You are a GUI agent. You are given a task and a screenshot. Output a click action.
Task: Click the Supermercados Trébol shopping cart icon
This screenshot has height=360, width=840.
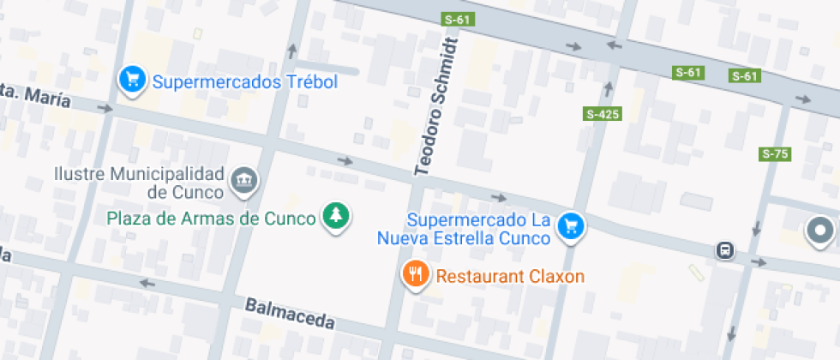(x=131, y=81)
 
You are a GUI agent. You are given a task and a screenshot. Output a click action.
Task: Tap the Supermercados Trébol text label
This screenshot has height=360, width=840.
(x=245, y=82)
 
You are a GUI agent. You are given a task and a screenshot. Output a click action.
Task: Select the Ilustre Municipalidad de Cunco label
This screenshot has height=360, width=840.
(x=139, y=183)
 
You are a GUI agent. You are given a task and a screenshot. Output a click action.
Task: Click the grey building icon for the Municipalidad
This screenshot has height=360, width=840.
(x=245, y=179)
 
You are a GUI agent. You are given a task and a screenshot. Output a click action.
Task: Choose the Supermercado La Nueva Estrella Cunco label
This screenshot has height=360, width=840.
(x=477, y=228)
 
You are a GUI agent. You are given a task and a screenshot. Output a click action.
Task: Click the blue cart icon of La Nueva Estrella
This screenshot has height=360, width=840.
(x=570, y=226)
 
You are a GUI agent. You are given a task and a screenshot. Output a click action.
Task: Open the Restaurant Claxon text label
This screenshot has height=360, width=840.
(x=510, y=277)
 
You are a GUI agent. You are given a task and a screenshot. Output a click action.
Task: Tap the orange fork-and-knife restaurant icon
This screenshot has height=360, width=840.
(x=416, y=274)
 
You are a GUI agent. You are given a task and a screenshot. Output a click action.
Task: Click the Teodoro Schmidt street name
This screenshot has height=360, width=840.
(x=436, y=106)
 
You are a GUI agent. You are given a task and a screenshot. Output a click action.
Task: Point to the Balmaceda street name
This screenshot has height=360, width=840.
(x=289, y=314)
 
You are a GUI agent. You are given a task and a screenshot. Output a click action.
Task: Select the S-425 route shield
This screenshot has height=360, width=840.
(x=602, y=114)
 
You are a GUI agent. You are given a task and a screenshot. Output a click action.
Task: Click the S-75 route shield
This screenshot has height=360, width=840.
(x=775, y=154)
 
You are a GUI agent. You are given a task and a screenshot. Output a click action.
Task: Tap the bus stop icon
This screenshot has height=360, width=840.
(x=725, y=250)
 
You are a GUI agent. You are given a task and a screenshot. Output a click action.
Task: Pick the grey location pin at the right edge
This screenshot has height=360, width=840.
(x=820, y=230)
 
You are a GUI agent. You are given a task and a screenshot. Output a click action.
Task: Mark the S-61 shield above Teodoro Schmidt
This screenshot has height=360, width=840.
(x=458, y=19)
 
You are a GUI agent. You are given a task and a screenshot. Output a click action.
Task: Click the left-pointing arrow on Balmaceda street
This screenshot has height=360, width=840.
(x=147, y=283)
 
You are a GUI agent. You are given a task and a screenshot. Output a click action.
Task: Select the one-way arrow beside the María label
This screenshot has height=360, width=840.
(x=105, y=109)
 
